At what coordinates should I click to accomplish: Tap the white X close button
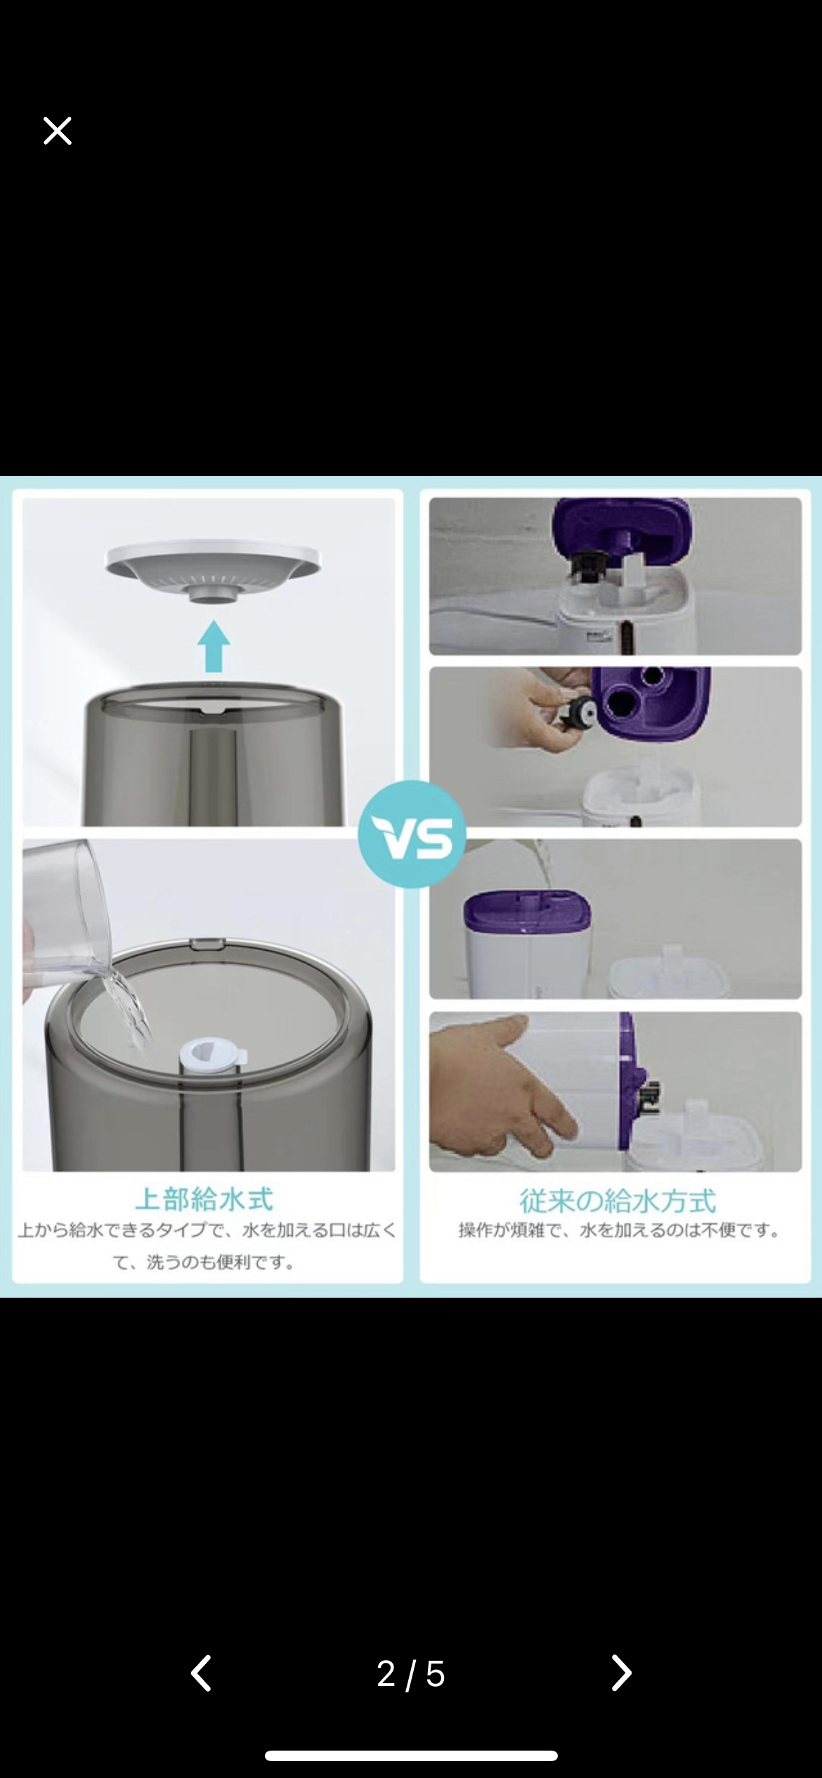click(57, 131)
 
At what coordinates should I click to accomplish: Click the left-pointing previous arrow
click(201, 1673)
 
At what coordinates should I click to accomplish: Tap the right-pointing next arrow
click(621, 1673)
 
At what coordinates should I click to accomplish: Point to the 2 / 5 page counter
click(411, 1674)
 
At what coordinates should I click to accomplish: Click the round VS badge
click(412, 834)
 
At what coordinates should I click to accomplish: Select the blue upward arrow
click(214, 646)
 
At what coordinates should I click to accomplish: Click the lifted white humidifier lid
click(213, 569)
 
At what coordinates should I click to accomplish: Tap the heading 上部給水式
click(204, 1199)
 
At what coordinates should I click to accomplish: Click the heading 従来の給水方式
click(618, 1201)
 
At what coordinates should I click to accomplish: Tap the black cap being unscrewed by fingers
click(580, 713)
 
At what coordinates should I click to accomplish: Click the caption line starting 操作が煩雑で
click(620, 1230)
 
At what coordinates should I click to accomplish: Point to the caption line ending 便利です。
click(204, 1263)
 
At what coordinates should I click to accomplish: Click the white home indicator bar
click(411, 1756)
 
